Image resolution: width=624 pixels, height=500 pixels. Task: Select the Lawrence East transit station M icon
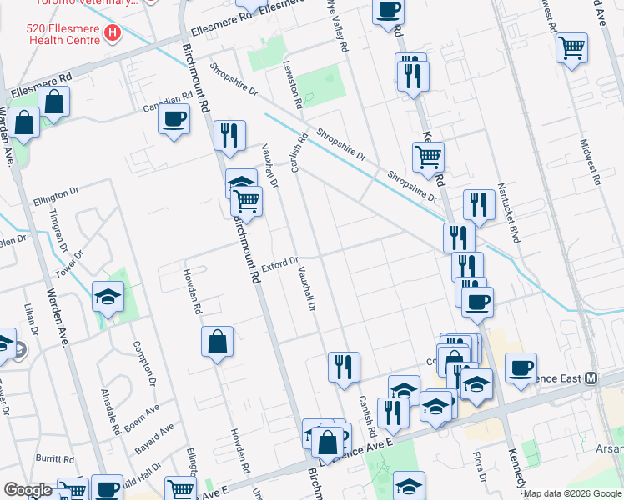tap(591, 377)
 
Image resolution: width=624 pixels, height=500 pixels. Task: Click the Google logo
tap(28, 490)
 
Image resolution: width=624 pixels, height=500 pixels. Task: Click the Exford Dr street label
tap(279, 265)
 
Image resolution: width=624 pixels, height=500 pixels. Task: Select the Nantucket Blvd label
tap(509, 213)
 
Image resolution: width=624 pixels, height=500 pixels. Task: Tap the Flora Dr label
tap(479, 467)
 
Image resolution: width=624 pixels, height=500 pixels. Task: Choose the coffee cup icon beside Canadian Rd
tap(174, 119)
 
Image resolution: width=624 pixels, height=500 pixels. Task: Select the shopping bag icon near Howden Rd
tap(217, 342)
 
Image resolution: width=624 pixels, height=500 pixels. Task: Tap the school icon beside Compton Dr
tap(108, 297)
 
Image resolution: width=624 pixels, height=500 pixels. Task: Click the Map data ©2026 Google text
tap(572, 493)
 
